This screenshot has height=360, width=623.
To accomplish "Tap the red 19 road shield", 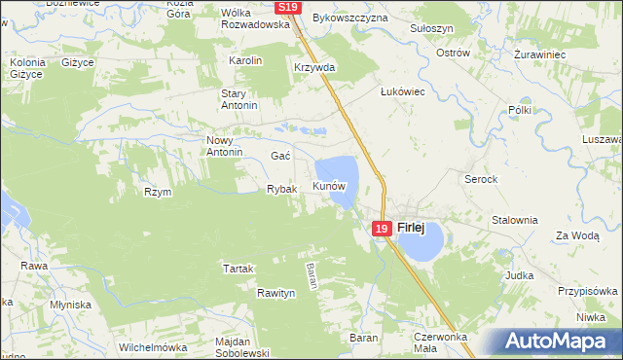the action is click(382, 229).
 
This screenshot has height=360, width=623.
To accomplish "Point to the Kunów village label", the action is click(329, 185).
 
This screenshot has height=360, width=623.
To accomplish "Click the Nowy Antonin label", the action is click(224, 146).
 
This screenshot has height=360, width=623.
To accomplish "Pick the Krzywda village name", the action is click(314, 68).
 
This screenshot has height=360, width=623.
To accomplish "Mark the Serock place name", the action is click(481, 180).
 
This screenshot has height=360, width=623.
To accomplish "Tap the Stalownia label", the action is click(514, 220).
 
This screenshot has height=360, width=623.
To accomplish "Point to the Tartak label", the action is click(238, 269).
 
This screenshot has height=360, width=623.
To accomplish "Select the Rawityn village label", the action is click(276, 292).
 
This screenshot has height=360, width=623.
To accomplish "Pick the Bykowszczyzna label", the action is click(350, 18).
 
